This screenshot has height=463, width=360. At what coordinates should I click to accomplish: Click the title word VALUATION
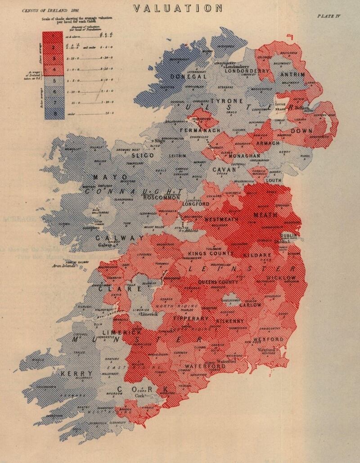point(178,8)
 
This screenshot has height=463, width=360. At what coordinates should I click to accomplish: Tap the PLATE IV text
point(331,16)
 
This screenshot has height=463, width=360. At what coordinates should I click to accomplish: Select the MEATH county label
point(265,215)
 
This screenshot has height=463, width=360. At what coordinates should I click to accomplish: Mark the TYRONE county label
point(227,101)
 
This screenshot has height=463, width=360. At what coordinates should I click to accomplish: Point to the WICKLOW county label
point(283,278)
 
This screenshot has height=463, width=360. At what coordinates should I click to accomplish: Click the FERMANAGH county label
point(200,130)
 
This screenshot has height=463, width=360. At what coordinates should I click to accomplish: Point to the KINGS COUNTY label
point(211,254)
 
